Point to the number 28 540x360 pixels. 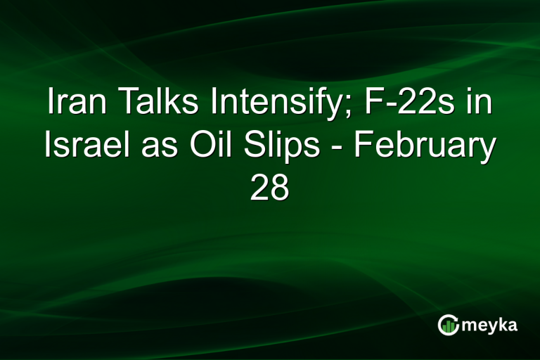coord(270,188)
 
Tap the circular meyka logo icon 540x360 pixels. coord(448,325)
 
